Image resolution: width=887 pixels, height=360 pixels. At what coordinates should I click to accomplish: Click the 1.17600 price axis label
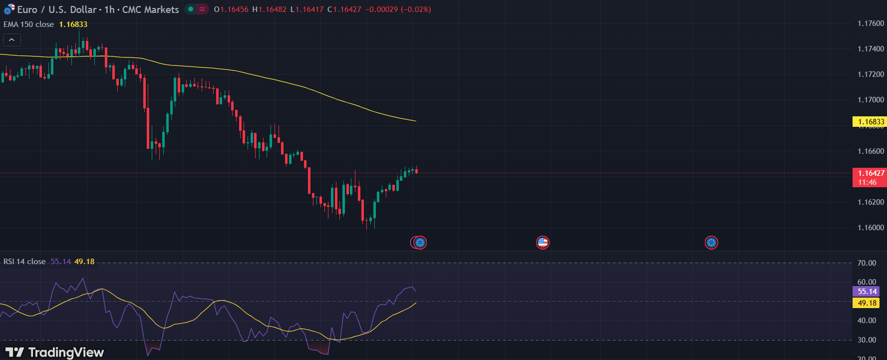[871, 23]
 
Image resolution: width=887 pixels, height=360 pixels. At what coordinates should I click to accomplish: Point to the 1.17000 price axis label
[871, 100]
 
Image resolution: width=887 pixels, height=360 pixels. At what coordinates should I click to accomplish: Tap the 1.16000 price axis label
[871, 228]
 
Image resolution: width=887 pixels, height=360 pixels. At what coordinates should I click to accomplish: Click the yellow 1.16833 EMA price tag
[870, 122]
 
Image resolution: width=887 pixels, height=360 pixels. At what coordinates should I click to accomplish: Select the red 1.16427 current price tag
[870, 177]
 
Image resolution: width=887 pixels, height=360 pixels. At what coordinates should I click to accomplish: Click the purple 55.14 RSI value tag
[867, 292]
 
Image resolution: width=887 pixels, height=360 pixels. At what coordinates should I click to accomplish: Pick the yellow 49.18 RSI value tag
[867, 303]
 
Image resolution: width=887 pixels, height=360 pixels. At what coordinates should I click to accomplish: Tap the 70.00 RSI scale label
[867, 263]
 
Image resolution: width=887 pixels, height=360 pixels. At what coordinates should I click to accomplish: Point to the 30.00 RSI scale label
[867, 340]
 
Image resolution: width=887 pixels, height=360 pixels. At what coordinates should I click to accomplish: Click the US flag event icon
[543, 243]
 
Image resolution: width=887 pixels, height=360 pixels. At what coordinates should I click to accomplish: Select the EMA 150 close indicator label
[29, 24]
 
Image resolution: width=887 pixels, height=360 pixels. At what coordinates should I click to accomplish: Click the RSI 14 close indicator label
[24, 262]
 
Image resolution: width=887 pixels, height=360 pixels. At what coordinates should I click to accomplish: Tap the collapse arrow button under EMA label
[11, 40]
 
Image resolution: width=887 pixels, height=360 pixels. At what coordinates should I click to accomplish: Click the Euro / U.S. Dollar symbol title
[56, 9]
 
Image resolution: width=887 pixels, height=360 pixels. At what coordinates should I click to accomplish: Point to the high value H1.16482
[269, 9]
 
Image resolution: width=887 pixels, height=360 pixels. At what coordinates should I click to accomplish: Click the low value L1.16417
[307, 9]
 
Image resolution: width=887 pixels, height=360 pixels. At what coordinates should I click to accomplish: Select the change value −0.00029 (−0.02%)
[398, 9]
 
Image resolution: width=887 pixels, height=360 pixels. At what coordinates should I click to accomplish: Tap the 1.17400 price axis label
[871, 49]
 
